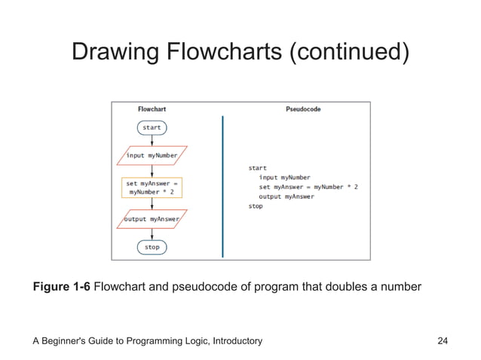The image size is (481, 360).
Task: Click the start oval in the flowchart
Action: tap(152, 128)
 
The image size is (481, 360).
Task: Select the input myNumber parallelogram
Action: tap(152, 156)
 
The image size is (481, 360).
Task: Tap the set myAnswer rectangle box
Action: tap(152, 188)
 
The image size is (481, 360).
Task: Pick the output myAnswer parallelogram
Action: tap(152, 219)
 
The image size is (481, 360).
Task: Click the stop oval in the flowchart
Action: tap(152, 247)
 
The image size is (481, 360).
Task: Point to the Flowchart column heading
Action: tap(152, 109)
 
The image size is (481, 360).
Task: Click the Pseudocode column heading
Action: tap(303, 109)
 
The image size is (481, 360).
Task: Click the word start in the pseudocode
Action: tap(257, 168)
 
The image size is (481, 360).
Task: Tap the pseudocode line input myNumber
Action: tap(284, 178)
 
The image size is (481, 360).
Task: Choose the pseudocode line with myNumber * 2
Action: tap(308, 187)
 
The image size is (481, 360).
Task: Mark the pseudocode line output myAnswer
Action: tap(286, 197)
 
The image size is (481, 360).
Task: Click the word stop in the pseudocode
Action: tap(256, 206)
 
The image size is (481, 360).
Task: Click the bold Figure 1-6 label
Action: tap(62, 287)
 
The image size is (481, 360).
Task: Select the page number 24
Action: tap(443, 341)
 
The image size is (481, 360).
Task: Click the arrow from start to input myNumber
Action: tap(152, 140)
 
